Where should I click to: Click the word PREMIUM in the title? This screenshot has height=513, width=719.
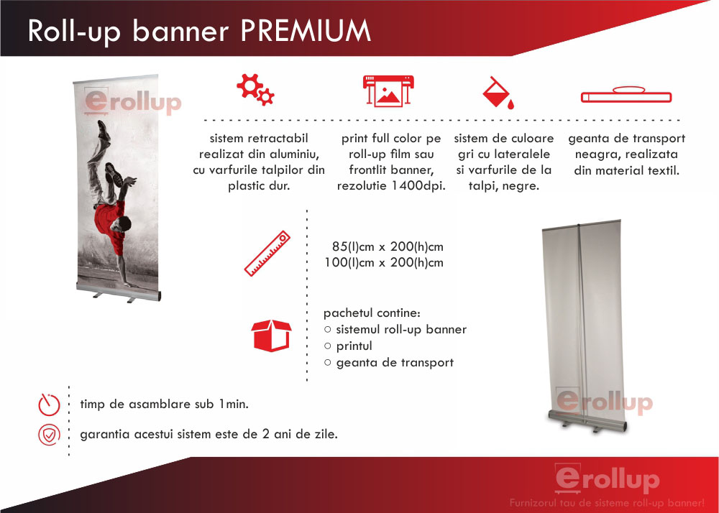pos(306,31)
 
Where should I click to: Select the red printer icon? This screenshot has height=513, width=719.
pos(388,91)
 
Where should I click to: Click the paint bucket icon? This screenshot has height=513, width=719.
pos(498,93)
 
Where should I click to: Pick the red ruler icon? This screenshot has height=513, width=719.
pos(267,254)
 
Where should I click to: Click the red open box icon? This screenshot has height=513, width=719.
pos(272,336)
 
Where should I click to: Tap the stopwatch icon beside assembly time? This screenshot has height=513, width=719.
pos(49,404)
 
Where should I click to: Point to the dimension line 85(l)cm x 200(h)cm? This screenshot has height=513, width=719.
pos(388,247)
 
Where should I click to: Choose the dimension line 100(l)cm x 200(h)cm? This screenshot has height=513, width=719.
pos(384,263)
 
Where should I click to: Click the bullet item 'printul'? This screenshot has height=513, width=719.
pos(354,346)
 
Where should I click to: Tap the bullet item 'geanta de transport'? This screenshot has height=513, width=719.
pos(395,363)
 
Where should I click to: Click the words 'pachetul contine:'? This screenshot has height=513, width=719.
pos(372,313)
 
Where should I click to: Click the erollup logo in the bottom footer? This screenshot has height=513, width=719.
pos(607,479)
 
